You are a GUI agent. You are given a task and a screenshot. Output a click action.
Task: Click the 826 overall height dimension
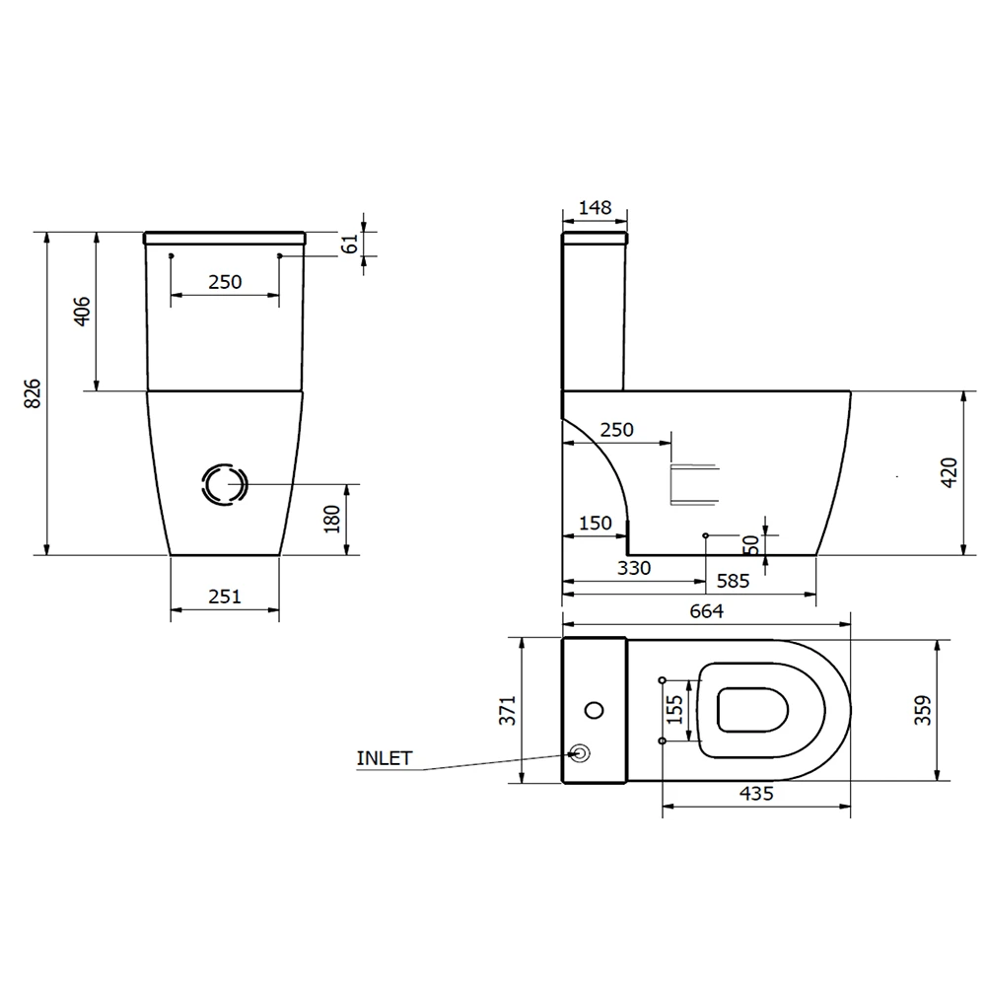coord(33,393)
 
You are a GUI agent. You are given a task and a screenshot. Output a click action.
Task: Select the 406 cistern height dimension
coord(83,311)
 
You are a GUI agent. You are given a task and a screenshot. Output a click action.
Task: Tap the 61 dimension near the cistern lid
coord(350,244)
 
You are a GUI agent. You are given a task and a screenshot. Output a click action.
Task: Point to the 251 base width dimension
coord(225,596)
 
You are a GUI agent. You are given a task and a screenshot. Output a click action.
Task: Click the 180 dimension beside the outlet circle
coord(331,517)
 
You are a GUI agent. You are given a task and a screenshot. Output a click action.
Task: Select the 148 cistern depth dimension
coord(595,208)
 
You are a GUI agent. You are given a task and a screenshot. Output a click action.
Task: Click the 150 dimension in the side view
coord(595,524)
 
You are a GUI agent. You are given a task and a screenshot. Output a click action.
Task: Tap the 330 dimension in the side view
coord(634,568)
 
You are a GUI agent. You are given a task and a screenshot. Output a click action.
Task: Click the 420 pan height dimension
coord(948,473)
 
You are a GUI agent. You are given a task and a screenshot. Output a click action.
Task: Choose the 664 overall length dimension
coord(706,611)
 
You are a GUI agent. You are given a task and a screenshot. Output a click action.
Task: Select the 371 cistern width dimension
coord(507,710)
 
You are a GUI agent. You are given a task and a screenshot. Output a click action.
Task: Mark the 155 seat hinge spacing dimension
coord(675,710)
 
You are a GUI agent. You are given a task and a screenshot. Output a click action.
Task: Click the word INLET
coord(385,758)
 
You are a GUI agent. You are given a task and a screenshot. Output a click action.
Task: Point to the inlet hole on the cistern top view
coord(581,753)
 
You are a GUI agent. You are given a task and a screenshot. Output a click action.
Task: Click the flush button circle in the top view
coord(594,710)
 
